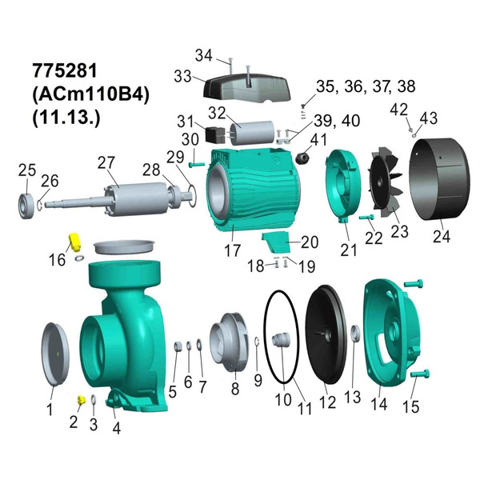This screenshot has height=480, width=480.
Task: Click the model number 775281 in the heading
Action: coord(62,69)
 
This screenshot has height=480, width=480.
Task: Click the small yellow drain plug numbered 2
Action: coord(81,398)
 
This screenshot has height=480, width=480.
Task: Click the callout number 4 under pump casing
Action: coord(116,427)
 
